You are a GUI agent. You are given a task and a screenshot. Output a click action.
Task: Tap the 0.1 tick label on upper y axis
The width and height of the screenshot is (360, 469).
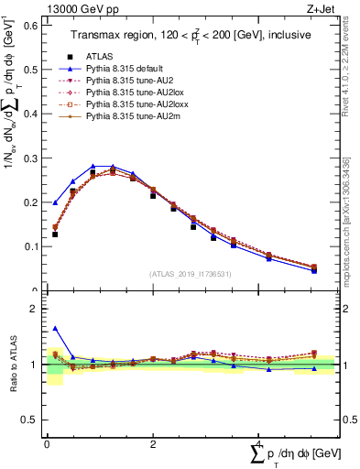pos(30,246)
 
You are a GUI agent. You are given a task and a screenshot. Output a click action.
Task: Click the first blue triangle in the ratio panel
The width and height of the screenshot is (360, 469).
pos(55,328)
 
